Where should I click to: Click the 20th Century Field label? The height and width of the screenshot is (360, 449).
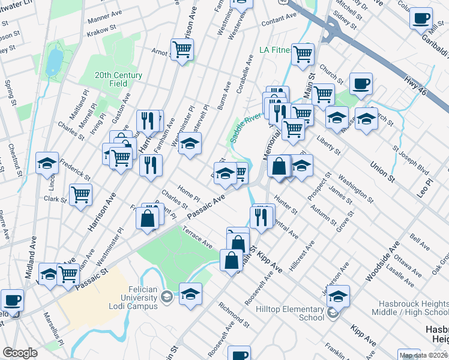[118, 79]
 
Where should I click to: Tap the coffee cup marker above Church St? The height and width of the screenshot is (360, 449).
[361, 84]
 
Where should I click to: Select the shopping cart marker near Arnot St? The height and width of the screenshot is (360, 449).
[182, 49]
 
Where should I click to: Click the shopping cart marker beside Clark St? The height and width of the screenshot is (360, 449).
[80, 194]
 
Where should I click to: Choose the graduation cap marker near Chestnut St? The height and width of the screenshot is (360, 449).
[47, 163]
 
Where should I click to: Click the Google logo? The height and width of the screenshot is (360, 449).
[20, 353]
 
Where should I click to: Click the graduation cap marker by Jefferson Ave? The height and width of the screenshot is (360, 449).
[339, 296]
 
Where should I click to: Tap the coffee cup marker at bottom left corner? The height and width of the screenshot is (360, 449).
[12, 300]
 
